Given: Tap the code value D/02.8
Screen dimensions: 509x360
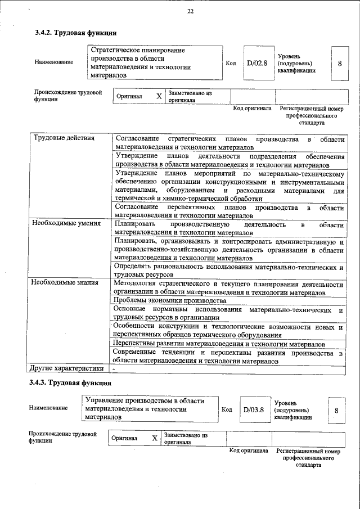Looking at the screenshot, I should pos(256,63).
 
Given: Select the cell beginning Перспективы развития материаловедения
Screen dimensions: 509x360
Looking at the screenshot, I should pos(219,344).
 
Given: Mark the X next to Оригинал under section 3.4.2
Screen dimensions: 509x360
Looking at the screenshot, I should pos(159,96).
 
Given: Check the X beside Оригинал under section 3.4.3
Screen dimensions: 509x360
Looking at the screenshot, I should pos(155,438).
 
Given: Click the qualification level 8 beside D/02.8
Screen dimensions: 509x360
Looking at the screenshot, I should pos(340,63).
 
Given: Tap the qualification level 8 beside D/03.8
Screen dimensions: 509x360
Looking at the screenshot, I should pos(336,411).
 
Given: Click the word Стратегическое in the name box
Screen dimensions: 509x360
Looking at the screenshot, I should pos(118,51).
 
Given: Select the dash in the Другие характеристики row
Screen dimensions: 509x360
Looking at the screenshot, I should pos(114,369).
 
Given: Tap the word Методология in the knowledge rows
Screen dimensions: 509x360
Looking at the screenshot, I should pos(137,283).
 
